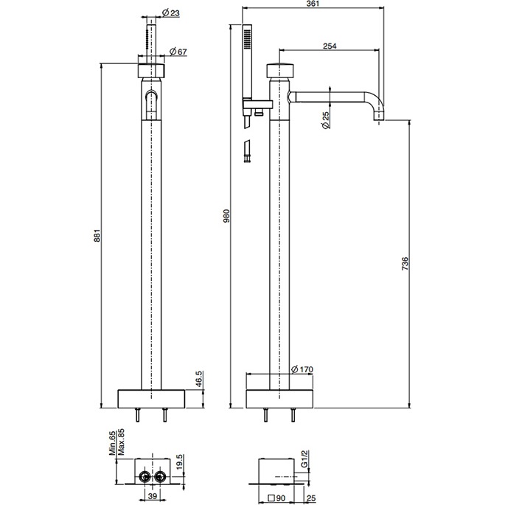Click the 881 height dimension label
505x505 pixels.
click(x=97, y=235)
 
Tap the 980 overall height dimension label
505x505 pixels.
click(x=226, y=216)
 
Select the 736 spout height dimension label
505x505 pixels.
click(x=405, y=263)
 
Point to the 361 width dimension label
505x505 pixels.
click(x=312, y=4)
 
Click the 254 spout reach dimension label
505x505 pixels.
click(x=330, y=46)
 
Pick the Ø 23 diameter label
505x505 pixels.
click(x=171, y=13)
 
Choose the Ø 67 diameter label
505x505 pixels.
click(x=178, y=52)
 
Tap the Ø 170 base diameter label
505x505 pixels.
click(x=302, y=369)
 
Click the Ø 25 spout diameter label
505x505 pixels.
click(x=326, y=120)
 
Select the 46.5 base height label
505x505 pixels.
click(x=199, y=379)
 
